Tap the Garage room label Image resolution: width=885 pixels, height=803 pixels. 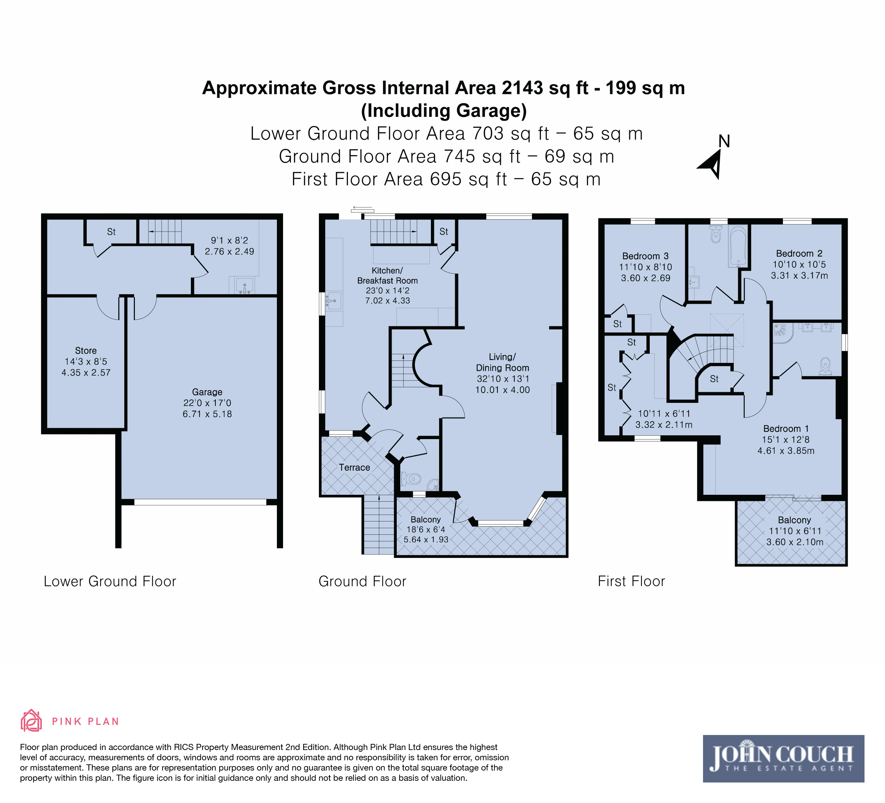(207, 392)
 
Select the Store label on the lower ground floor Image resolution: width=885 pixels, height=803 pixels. (86, 351)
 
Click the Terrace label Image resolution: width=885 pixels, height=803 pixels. (354, 467)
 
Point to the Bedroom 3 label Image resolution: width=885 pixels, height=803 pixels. (645, 256)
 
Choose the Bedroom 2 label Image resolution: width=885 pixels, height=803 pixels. (799, 254)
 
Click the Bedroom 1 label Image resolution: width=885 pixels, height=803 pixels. (786, 429)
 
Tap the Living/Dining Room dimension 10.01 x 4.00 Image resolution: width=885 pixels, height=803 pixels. (503, 390)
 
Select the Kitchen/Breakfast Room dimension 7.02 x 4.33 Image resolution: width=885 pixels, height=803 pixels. (388, 300)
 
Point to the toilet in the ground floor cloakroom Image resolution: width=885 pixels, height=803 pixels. (411, 478)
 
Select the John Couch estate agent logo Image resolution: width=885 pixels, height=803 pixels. (784, 759)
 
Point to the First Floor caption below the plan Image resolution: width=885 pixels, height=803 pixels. (631, 581)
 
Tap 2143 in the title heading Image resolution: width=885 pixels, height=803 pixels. (523, 88)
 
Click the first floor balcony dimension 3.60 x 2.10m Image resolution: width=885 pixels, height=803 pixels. (795, 542)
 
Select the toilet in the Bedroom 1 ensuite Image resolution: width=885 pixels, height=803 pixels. (825, 366)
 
